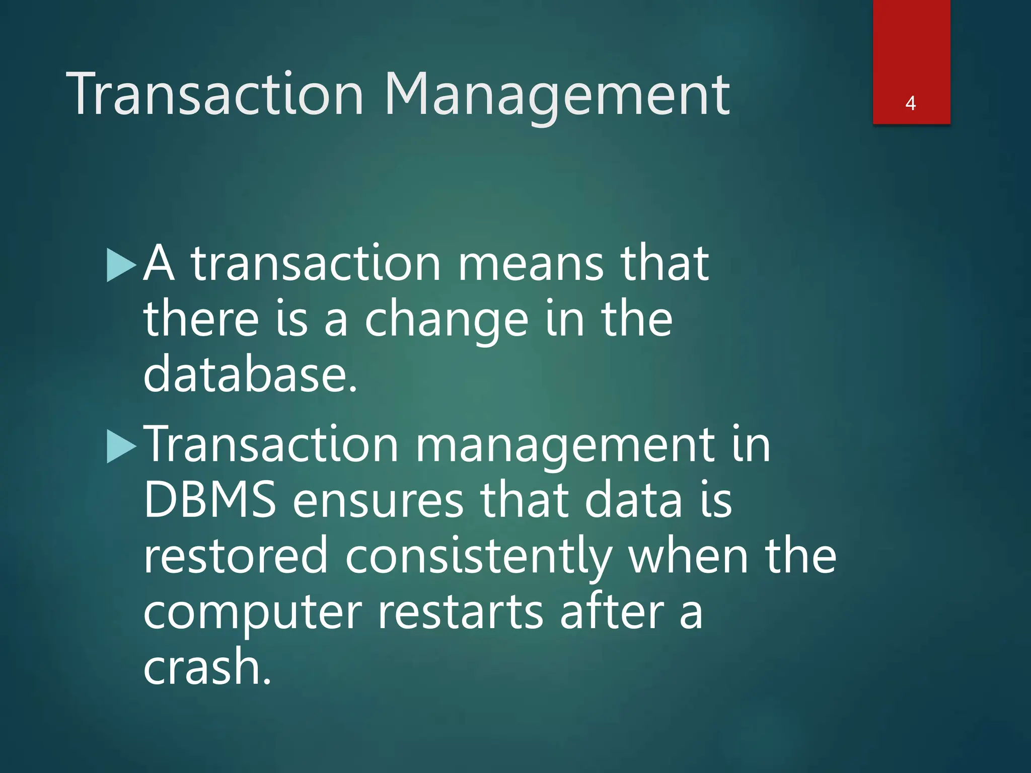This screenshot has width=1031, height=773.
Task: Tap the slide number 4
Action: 910,103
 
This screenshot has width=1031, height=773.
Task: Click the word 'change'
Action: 446,320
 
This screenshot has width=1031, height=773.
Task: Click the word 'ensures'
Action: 378,501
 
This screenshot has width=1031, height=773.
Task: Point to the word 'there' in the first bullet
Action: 201,319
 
